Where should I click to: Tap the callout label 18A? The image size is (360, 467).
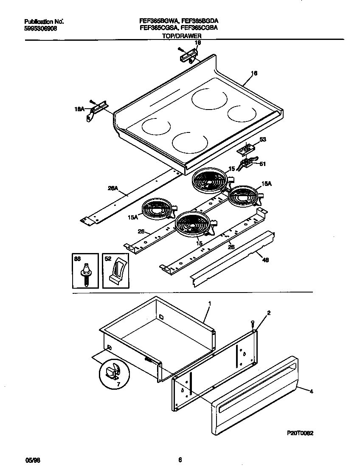pos(79,109)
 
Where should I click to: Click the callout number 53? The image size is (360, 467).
pos(263,140)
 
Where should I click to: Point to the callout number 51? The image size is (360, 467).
pos(263,164)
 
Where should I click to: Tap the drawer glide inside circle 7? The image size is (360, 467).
pos(112,371)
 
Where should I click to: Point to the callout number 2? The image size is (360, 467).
pos(268,312)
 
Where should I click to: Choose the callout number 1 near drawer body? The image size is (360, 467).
pos(209,303)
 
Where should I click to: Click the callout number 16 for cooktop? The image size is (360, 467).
pos(254,73)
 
